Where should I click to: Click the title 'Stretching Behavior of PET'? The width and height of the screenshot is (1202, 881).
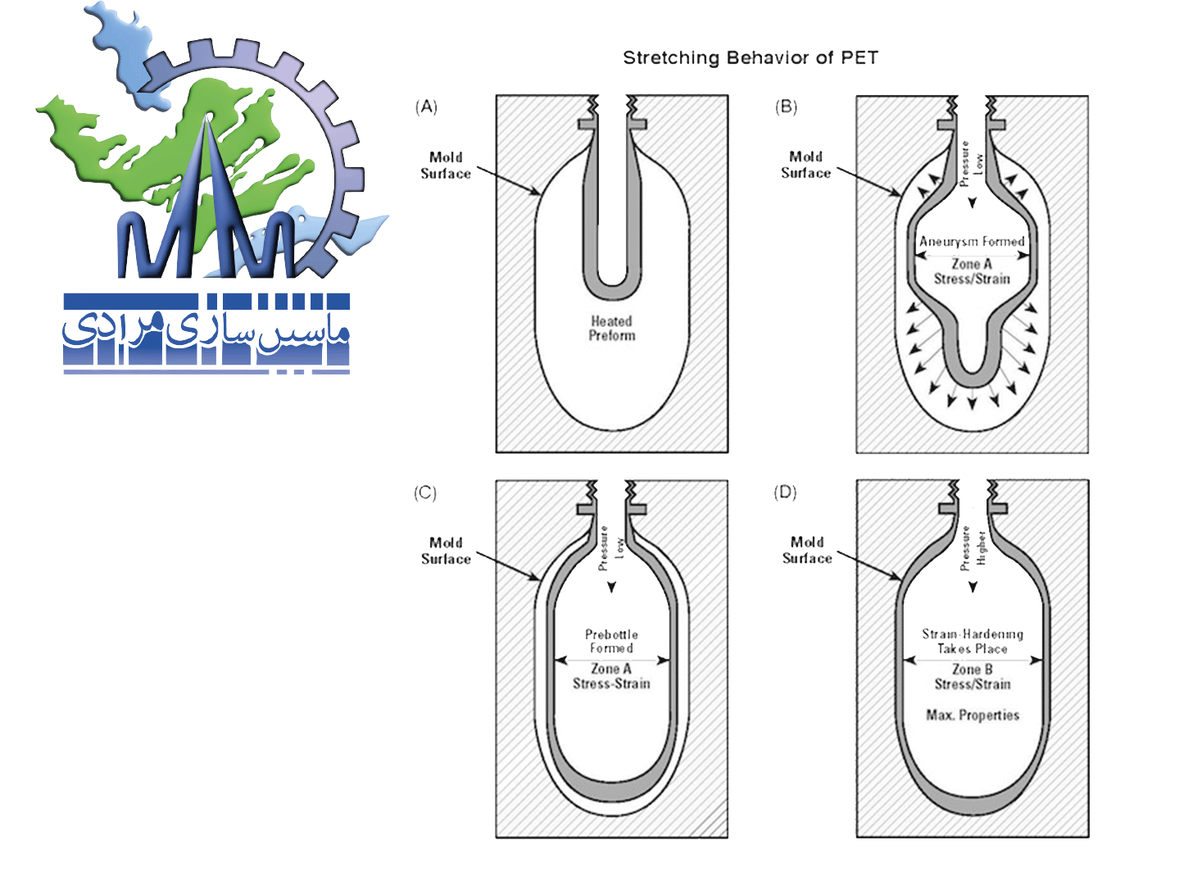pyautogui.click(x=750, y=58)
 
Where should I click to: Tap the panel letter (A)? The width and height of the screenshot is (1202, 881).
pyautogui.click(x=426, y=107)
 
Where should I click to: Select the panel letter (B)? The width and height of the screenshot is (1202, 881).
pyautogui.click(x=786, y=107)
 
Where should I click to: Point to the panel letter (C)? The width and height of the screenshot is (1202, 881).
pyautogui.click(x=425, y=493)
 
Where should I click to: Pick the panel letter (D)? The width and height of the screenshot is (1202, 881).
pyautogui.click(x=785, y=493)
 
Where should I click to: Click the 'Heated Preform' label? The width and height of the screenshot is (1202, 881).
pyautogui.click(x=611, y=329)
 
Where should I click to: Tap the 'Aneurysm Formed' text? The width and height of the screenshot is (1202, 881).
pyautogui.click(x=972, y=242)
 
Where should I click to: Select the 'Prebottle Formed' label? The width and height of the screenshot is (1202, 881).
pyautogui.click(x=611, y=641)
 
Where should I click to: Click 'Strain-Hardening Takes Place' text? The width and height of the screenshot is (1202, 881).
pyautogui.click(x=973, y=641)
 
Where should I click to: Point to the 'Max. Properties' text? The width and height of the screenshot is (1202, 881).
pyautogui.click(x=973, y=715)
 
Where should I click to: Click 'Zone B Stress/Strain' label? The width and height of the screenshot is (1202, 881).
pyautogui.click(x=973, y=677)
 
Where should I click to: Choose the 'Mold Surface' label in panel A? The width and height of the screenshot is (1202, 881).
pyautogui.click(x=446, y=166)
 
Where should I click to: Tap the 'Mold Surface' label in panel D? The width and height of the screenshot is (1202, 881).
pyautogui.click(x=807, y=550)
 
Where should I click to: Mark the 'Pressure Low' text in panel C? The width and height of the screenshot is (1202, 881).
pyautogui.click(x=611, y=548)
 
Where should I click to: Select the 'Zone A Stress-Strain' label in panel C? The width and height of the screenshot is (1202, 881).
pyautogui.click(x=611, y=676)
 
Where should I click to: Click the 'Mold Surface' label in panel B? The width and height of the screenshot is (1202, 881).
pyautogui.click(x=805, y=165)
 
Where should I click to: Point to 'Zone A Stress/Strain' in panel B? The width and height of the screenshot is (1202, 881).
pyautogui.click(x=972, y=271)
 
